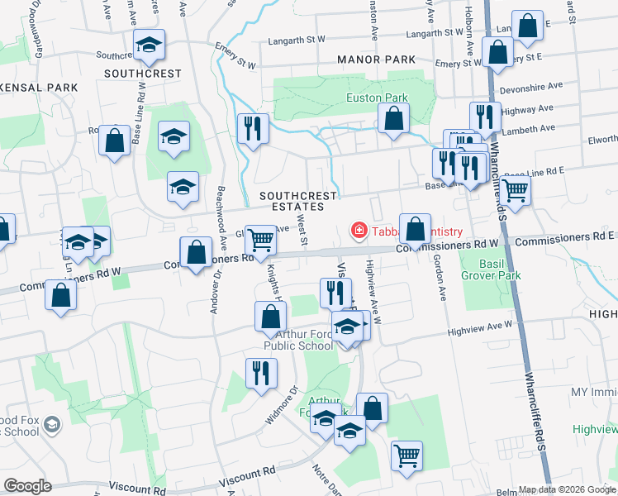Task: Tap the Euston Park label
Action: coord(376,98)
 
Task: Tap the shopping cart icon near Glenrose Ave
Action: coord(261,240)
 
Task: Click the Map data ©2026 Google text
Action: coord(566,489)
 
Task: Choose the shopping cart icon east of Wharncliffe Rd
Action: coord(516,189)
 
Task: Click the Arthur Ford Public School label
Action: coord(298,340)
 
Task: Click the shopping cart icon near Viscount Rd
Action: coord(406,455)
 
